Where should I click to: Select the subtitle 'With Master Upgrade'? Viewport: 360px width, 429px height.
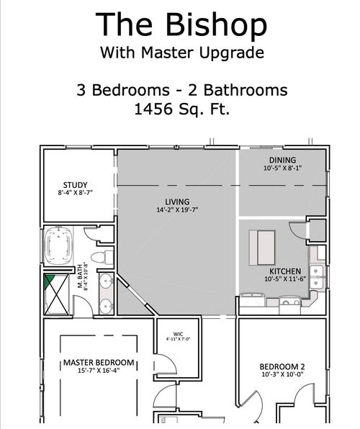tap(181, 53)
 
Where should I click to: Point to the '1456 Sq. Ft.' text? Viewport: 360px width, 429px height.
tap(181, 110)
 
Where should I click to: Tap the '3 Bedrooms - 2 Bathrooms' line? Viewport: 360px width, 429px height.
tap(181, 91)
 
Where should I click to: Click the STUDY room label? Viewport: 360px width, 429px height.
tap(75, 184)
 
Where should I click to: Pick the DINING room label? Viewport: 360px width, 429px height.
tap(282, 160)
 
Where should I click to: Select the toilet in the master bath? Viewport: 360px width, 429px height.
tap(104, 256)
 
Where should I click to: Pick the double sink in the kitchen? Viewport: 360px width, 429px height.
tap(318, 282)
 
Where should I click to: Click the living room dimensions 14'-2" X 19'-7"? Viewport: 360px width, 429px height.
tap(176, 210)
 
